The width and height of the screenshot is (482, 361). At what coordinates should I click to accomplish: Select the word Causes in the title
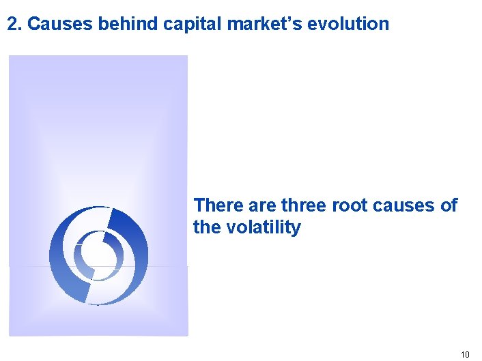[61, 25]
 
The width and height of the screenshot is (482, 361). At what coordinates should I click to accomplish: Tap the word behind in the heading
[129, 25]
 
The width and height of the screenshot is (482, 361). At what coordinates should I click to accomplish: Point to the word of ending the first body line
[448, 205]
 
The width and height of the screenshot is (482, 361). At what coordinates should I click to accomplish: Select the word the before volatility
[205, 227]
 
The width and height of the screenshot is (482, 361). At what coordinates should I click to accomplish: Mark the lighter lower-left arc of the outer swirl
[65, 273]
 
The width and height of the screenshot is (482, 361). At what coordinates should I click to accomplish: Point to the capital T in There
[199, 205]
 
